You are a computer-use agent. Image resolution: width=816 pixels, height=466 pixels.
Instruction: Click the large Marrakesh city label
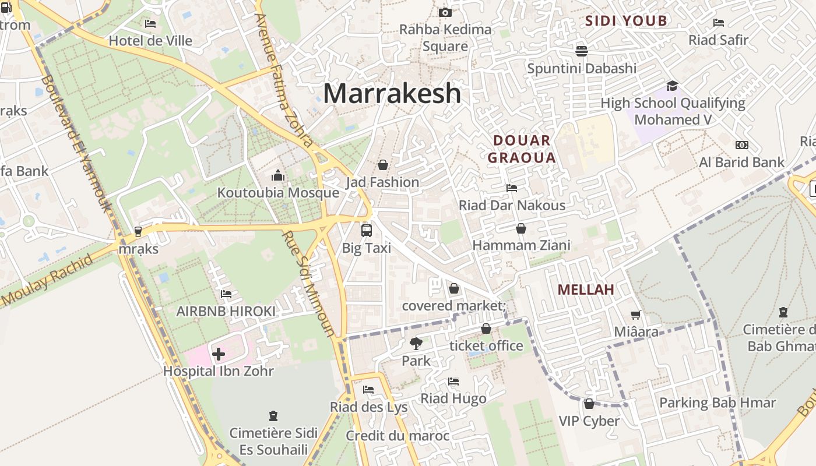coord(392,93)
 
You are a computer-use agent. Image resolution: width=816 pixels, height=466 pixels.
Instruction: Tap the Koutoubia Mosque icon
coord(278,175)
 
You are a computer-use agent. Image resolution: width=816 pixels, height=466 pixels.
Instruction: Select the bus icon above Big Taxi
coord(366,230)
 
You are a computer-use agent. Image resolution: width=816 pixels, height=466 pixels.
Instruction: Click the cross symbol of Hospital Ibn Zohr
coord(219,354)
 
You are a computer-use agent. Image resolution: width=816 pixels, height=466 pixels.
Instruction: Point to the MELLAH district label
coord(586,290)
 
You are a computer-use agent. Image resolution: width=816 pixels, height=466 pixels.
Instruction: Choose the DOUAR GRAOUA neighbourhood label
coord(522,149)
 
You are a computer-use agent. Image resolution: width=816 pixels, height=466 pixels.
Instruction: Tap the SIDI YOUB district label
coord(626,21)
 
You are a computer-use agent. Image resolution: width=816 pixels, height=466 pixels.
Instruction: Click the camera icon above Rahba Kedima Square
coord(445,12)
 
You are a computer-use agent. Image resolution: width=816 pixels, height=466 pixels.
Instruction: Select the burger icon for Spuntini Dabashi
coord(581,51)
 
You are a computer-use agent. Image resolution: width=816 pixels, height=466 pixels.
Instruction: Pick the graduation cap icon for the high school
coord(672,86)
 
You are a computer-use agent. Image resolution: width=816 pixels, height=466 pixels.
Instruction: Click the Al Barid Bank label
coord(742,162)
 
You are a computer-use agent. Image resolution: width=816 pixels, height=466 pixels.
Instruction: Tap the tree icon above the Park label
coord(416,343)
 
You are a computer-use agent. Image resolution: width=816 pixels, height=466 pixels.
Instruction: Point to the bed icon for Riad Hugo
coord(453,382)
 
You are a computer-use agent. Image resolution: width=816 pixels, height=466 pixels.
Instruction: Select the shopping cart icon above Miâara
coord(635,315)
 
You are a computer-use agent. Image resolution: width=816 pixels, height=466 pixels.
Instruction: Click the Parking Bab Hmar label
coord(717,403)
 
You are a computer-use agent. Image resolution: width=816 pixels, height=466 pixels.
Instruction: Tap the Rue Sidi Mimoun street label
coord(309,284)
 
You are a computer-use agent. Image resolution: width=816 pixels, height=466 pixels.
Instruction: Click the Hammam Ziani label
coord(521,245)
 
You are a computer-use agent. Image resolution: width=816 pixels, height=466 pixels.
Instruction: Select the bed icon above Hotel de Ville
coord(150,24)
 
